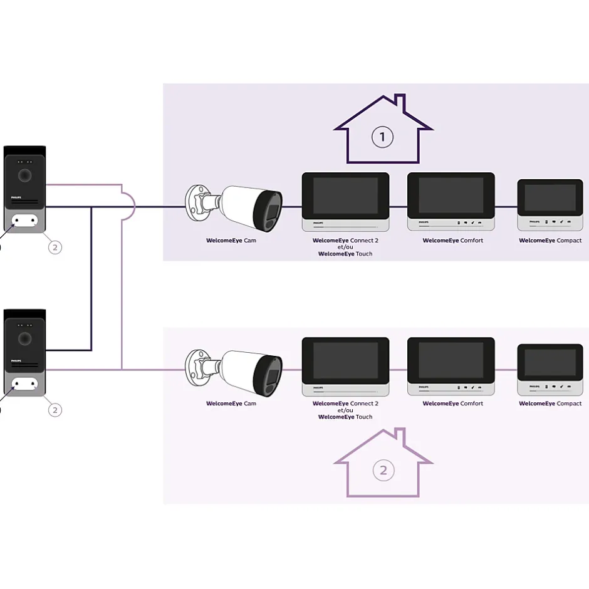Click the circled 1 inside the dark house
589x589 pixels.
pos(382,137)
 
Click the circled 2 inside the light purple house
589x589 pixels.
pos(383,470)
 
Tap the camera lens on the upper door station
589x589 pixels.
pos(25,175)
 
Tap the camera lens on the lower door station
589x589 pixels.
pos(25,339)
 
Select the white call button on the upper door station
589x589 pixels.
pos(25,220)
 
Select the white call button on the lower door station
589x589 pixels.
pos(25,383)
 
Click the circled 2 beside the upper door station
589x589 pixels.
pos(55,247)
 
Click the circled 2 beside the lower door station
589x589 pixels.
pos(55,410)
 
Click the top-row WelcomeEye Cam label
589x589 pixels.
pos(231,241)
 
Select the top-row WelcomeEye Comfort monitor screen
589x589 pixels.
pos(451,195)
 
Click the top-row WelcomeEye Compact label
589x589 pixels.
pos(550,241)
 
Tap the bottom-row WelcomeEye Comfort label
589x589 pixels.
pos(453,404)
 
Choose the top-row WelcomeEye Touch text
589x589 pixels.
pos(345,254)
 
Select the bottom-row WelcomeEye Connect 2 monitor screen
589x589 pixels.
pos(345,360)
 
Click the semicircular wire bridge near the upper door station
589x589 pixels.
pos(130,206)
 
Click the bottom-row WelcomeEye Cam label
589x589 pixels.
pos(231,404)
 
